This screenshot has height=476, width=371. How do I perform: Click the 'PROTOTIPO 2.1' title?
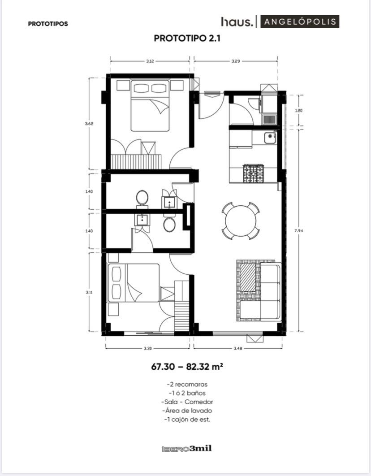pos(187,39)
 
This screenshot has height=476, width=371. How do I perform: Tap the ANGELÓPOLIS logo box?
pos(300,22)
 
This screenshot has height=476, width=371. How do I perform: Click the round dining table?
pos(241,221)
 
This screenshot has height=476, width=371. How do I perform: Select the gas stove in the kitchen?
pos(253,173)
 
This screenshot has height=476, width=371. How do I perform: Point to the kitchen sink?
pos(270,138)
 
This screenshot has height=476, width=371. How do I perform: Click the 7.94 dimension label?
pos(299,230)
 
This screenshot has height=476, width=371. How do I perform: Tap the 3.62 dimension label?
pos(89,124)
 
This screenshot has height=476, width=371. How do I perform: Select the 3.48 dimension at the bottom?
pos(238,348)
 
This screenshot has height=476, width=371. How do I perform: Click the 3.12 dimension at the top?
pos(150,61)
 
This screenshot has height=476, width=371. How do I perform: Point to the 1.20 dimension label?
pos(299,111)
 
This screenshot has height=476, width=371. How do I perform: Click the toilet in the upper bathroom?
pos(142,198)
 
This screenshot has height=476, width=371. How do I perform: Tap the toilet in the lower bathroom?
pos(169,224)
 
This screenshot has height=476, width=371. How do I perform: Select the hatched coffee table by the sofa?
pos(248,279)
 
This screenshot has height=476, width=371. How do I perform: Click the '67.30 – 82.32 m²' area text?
pos(187,367)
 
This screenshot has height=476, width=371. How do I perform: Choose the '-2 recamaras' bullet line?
pos(187,384)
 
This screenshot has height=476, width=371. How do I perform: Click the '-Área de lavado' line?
pos(187,411)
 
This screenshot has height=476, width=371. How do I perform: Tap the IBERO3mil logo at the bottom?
pos(186,448)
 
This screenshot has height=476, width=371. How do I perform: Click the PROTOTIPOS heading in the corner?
pos(48,24)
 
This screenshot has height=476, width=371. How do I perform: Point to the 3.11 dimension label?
pos(89,292)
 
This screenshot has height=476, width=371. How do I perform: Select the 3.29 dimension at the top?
pos(236,61)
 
